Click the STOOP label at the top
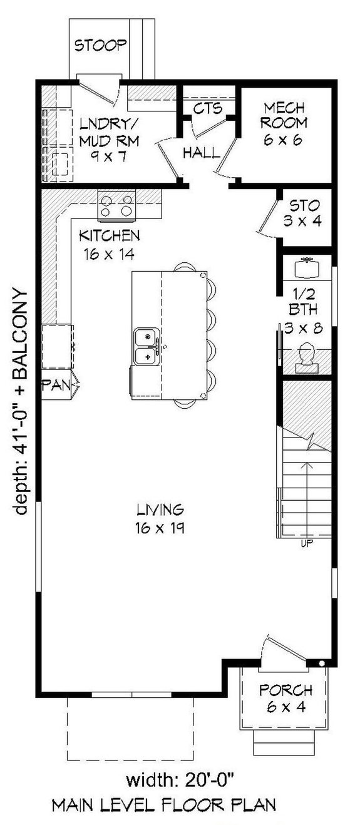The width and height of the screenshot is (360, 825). [x=101, y=45]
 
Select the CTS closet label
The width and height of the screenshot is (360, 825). [x=207, y=109]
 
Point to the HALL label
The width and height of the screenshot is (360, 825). [x=202, y=152]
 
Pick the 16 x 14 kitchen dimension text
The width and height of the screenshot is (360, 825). [x=109, y=254]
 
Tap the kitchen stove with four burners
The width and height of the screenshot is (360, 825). [x=117, y=205]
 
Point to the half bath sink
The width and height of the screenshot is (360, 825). [x=307, y=268]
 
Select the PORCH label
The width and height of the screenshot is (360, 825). [x=286, y=690]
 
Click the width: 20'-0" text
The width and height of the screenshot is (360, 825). [x=180, y=780]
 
